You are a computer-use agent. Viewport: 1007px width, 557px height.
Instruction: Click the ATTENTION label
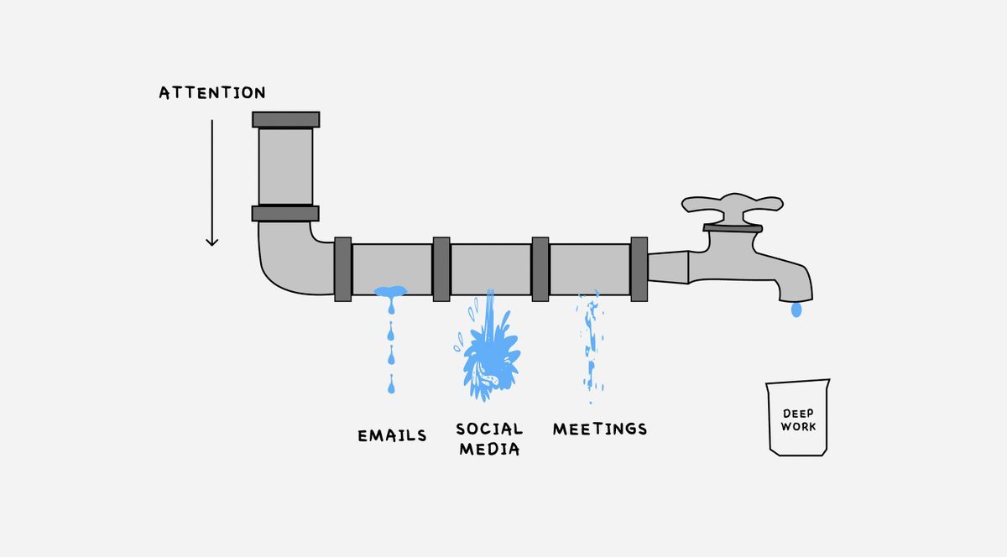pos(211,93)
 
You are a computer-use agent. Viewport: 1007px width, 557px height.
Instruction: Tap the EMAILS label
pos(392,436)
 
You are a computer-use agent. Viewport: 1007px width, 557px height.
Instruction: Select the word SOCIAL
pos(489,429)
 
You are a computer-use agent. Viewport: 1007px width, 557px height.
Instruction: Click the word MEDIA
pos(489,449)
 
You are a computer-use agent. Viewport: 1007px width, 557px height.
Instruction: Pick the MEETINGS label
pos(599,429)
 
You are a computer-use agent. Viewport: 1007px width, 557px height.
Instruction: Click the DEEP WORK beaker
pos(797,419)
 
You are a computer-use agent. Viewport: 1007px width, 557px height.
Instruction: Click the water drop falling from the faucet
pos(796,310)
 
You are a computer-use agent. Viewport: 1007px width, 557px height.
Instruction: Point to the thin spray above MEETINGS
pos(591,344)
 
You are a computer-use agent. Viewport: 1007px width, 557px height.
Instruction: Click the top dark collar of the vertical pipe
pos(285,119)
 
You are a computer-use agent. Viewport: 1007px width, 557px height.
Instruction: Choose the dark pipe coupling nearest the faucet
pos(639,268)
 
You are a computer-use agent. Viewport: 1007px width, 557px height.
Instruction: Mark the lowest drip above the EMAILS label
pos(390,388)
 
